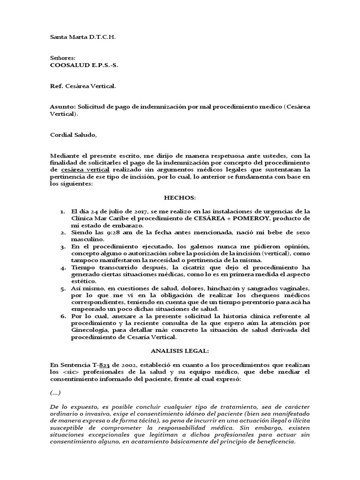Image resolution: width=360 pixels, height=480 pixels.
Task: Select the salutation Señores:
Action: coord(62,58)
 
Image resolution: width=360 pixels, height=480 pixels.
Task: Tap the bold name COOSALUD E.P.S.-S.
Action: coord(84,65)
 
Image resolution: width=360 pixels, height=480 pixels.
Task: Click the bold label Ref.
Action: coord(56,86)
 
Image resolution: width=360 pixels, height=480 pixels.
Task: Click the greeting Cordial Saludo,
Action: coord(74,135)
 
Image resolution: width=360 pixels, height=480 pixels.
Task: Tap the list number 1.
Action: coord(63,211)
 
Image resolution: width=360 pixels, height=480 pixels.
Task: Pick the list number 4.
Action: coord(63,268)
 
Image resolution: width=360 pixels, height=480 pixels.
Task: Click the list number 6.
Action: coord(63,316)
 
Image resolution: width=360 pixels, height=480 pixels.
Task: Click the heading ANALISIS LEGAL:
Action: coord(180,351)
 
